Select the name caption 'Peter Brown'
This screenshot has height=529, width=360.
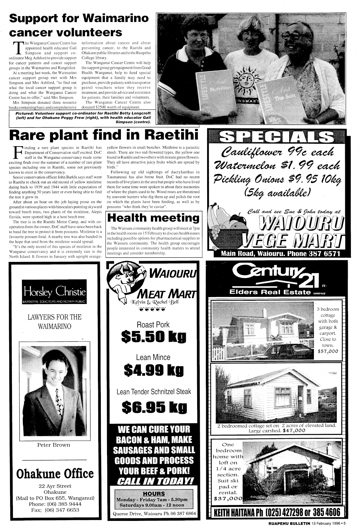tap(54, 445)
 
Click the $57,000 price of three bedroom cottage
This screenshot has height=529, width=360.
tap(328, 351)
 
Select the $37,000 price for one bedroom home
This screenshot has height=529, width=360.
tap(226, 499)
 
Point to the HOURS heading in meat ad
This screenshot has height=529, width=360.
tap(154, 494)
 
